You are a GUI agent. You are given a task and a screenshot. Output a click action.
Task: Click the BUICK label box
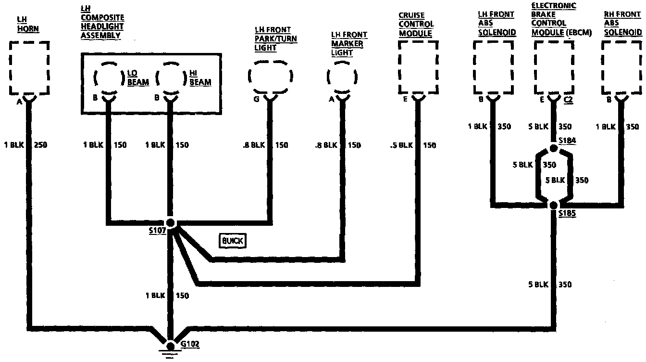click(x=232, y=241)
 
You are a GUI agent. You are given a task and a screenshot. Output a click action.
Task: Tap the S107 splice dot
click(x=170, y=223)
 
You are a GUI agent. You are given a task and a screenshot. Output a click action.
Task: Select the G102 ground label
click(x=190, y=345)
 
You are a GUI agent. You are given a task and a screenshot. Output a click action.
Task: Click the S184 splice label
click(x=567, y=140)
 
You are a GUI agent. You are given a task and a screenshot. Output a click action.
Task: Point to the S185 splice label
click(x=567, y=213)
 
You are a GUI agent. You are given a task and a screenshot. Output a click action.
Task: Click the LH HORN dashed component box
click(x=29, y=67)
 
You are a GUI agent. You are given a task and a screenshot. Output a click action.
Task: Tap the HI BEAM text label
click(x=200, y=78)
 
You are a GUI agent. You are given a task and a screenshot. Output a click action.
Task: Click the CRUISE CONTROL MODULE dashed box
click(x=418, y=67)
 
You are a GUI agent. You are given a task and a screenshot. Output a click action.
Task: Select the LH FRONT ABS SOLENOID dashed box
click(x=494, y=67)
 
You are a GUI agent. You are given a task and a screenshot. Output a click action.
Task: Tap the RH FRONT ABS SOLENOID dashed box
click(x=622, y=67)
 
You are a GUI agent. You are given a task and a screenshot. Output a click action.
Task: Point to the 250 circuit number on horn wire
click(x=42, y=145)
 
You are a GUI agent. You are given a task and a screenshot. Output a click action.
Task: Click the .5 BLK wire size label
click(x=399, y=145)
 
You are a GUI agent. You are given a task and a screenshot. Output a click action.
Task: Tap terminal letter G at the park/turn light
click(x=256, y=100)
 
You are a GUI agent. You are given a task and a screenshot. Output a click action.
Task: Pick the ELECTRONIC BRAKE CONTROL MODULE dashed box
click(x=555, y=67)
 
